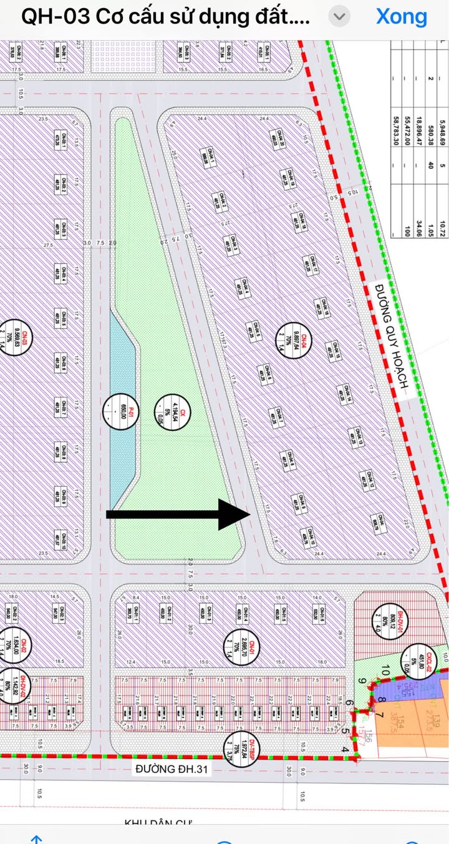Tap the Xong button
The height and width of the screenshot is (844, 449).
click(402, 17)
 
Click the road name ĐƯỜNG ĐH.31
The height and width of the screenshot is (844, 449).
click(171, 769)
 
